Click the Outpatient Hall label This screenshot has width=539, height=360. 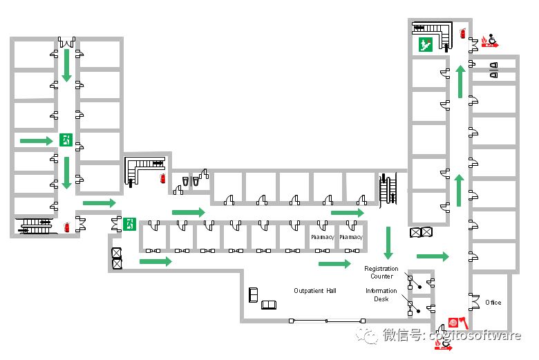click(x=314, y=291)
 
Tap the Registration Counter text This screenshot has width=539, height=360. click(x=381, y=272)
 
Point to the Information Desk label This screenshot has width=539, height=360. click(x=381, y=295)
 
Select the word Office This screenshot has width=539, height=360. click(x=493, y=303)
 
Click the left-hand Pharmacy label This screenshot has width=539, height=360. click(x=322, y=237)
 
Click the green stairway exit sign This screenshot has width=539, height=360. click(x=424, y=45)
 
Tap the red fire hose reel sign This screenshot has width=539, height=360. click(x=454, y=322)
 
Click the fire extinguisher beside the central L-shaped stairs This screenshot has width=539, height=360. click(x=162, y=178)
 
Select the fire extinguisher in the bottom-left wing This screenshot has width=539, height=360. click(x=66, y=226)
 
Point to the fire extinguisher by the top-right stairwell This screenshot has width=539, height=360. click(x=462, y=32)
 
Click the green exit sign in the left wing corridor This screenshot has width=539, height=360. click(x=66, y=140)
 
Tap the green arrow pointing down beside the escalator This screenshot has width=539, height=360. click(x=388, y=243)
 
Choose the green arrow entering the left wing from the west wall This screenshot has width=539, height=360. click(x=36, y=141)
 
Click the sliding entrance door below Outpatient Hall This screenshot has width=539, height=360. click(x=328, y=321)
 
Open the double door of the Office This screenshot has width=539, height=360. click(x=474, y=302)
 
